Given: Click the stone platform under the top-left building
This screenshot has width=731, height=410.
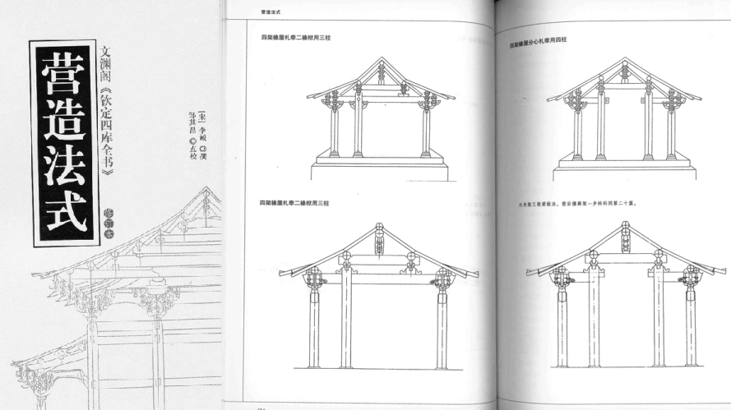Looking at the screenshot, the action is [x=380, y=168].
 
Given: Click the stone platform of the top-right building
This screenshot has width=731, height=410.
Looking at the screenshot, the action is [x=626, y=169].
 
